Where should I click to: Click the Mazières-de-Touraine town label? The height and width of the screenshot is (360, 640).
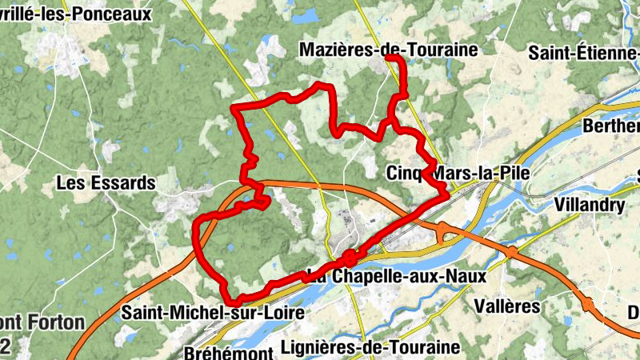pos(388,50)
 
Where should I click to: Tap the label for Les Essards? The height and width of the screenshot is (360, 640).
pos(106,183)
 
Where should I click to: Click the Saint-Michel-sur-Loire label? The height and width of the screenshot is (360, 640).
pos(213,313)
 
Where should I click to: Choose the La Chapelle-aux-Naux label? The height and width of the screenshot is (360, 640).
pos(397,275)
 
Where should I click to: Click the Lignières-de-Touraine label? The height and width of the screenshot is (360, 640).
pos(371,347)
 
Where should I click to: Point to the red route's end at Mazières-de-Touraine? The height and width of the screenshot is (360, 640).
pos(388,58)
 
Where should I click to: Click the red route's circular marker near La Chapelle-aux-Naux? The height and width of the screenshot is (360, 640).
pos(349,258)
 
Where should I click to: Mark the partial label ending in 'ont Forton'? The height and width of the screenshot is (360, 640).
pos(42,323)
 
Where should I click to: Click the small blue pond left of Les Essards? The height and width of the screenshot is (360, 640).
pos(10,242)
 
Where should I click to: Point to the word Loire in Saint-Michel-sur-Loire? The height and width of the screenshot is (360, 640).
pos(284,313)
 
